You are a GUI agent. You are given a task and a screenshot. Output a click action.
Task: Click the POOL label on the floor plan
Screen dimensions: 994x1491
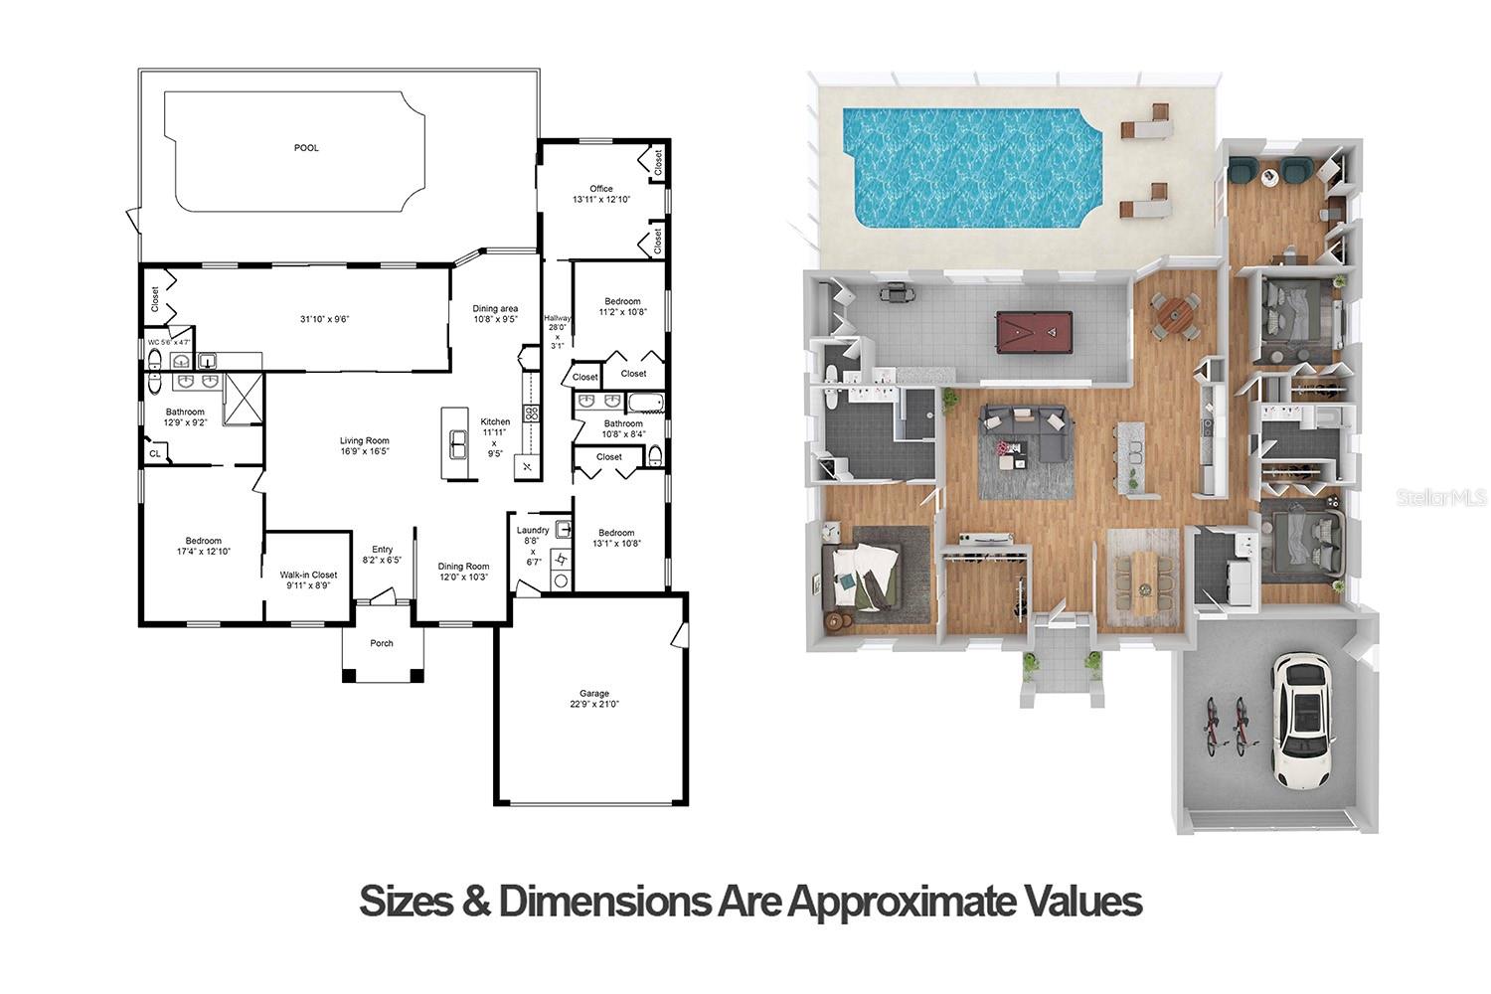click(306, 148)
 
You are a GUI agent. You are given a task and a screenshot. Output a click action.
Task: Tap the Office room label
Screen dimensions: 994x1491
click(600, 189)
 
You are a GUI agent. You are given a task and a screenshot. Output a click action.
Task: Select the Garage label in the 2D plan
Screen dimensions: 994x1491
click(594, 694)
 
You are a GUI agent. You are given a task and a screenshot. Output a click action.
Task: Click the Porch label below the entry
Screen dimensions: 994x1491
click(382, 643)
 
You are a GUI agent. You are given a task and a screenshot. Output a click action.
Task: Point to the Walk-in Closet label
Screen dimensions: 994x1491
click(308, 575)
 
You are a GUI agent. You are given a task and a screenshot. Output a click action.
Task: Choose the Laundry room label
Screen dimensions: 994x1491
click(533, 531)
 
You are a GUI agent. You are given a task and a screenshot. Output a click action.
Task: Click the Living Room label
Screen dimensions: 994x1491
click(364, 440)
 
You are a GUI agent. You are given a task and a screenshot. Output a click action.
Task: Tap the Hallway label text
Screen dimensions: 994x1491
click(557, 318)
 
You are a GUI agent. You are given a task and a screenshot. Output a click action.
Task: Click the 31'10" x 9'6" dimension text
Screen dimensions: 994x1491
click(325, 319)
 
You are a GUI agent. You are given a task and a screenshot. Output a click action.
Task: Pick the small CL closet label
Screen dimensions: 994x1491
click(154, 454)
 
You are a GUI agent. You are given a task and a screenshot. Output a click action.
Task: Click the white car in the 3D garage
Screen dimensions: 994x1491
click(1301, 718)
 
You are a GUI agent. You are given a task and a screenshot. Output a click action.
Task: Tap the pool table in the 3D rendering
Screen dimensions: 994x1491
click(1035, 331)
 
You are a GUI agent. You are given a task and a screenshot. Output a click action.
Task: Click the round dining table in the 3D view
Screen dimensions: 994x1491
click(1175, 316)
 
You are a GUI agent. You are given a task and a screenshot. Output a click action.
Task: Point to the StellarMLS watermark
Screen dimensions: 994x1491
click(1440, 497)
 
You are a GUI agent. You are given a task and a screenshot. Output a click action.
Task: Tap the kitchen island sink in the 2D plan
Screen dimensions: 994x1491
click(457, 444)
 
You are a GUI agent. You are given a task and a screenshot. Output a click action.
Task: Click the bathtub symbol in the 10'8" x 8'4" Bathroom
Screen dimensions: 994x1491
click(644, 403)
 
